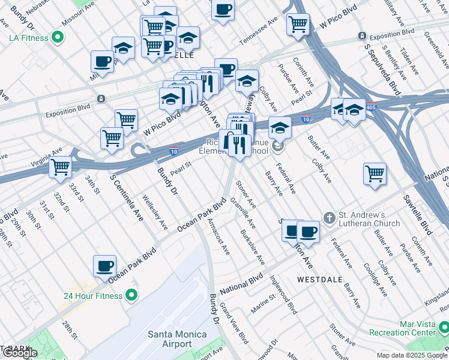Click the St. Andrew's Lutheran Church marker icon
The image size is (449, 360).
point(329,217)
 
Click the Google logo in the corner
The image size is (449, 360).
point(20,353)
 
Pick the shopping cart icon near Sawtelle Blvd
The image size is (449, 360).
point(375,173)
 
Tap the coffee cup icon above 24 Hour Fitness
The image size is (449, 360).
point(104,265)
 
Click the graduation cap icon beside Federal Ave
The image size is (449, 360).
point(280,127)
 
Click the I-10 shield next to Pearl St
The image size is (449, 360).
point(173,152)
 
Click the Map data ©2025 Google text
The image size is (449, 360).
point(412,355)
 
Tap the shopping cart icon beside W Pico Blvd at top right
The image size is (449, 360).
point(298,25)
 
